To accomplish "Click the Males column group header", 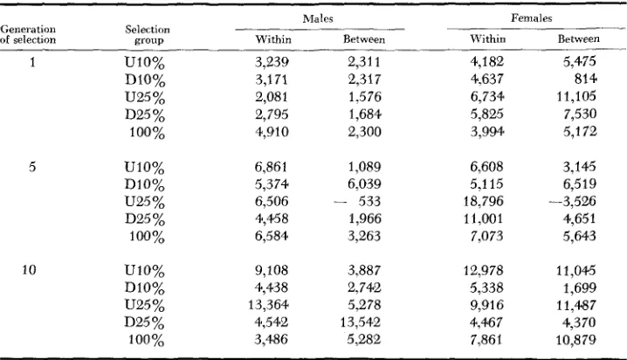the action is (318, 18).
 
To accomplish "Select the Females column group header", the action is (532, 18).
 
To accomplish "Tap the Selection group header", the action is (148, 35).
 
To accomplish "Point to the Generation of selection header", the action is (28, 34).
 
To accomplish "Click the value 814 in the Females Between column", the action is (585, 79).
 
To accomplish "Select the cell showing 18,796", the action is (483, 201).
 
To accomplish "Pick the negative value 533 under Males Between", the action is (357, 201).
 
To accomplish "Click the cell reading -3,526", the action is (573, 201).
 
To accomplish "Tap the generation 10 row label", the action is (29, 270).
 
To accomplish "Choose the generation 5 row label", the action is (32, 166).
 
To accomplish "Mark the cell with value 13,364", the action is (268, 305).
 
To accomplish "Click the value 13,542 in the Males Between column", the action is (361, 322).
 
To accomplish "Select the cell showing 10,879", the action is (575, 340).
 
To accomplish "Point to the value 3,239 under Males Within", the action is (272, 62).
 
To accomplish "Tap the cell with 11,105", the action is (576, 96).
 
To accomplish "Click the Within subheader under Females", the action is (488, 38).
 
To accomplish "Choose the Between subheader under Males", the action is (364, 39).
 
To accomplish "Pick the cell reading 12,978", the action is (483, 270).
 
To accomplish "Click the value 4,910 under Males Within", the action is (272, 132).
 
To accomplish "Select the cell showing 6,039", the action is (364, 183).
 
